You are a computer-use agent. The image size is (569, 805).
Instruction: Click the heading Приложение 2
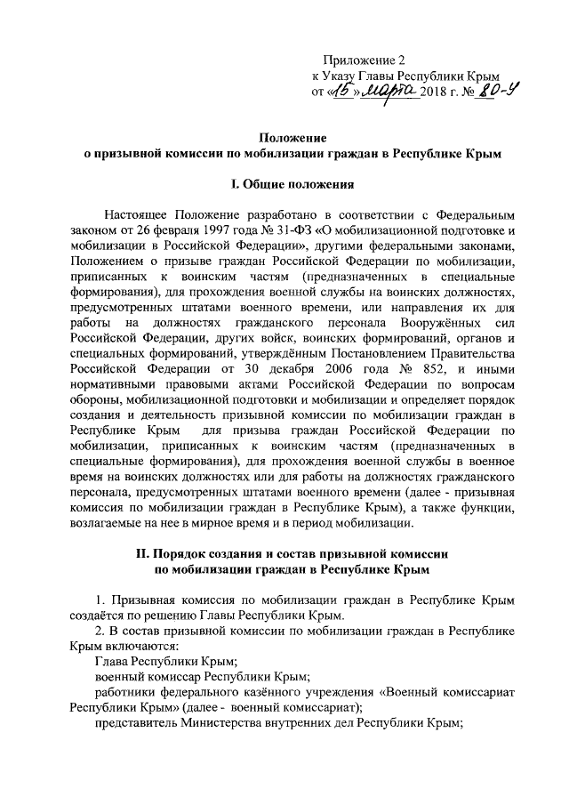(x=364, y=60)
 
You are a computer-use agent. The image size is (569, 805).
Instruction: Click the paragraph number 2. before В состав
(x=101, y=631)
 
